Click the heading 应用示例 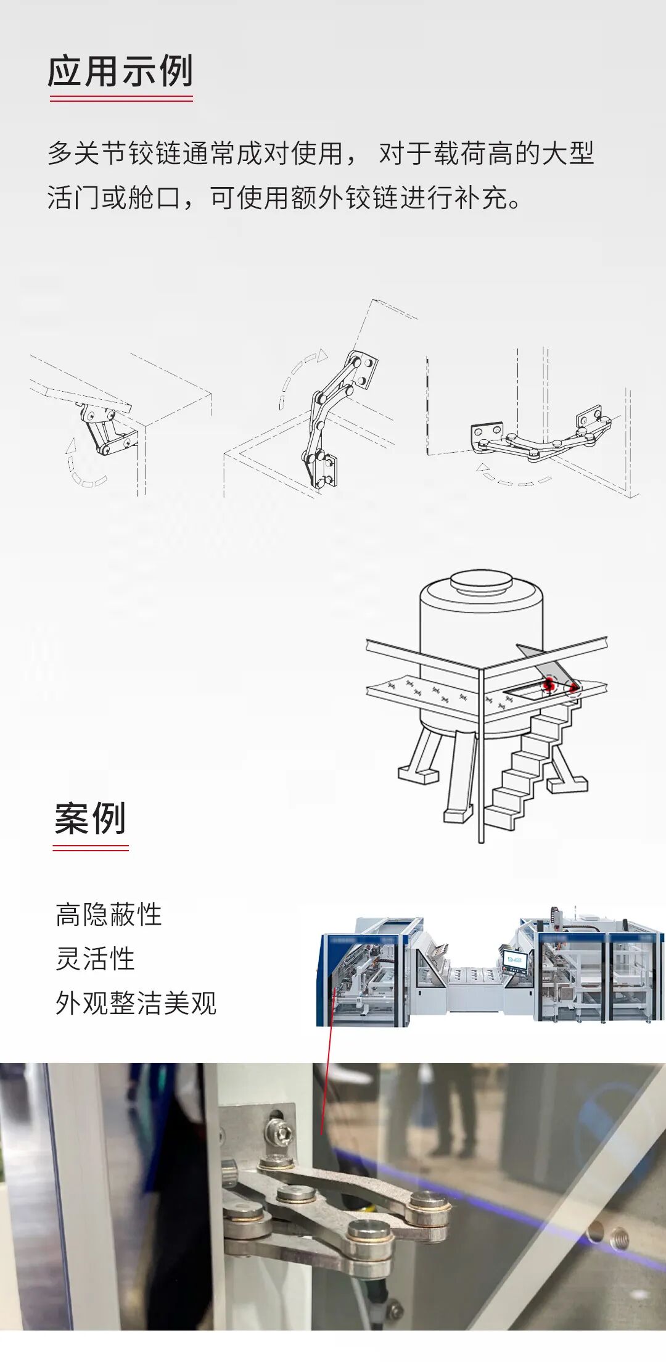point(121,71)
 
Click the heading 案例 point(91,819)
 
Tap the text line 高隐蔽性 point(109,915)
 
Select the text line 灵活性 point(95,959)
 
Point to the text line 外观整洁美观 point(136,1004)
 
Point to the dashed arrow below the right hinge point(512,478)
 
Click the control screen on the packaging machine point(516,960)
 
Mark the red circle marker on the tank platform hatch point(549,683)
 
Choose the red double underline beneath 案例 point(91,849)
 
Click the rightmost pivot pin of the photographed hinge point(427,1202)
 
